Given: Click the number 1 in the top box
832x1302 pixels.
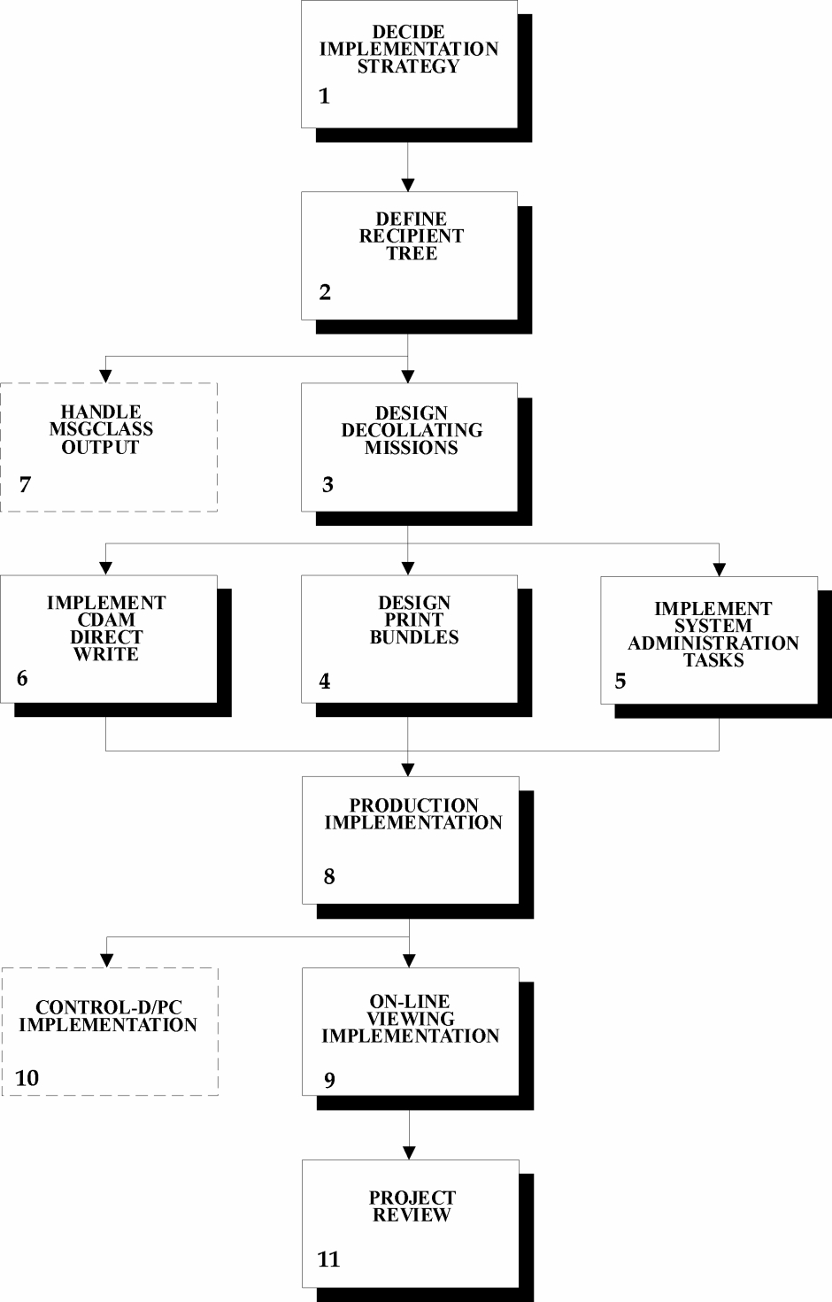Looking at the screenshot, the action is (325, 96).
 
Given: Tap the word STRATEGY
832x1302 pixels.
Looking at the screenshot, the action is (408, 66).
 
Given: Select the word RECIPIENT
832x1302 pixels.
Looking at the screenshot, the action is (411, 236).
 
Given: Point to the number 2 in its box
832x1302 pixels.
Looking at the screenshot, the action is (325, 292).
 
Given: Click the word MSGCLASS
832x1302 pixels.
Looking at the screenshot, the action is (101, 429).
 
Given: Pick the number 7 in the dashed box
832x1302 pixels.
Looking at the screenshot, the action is (25, 484).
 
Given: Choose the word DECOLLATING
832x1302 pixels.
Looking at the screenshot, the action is (412, 430).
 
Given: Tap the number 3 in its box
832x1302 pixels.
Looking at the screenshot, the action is (327, 484).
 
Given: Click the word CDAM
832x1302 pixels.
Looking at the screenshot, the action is (106, 620).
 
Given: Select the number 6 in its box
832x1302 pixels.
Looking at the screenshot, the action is (23, 678).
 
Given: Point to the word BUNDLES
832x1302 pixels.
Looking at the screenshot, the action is (414, 637).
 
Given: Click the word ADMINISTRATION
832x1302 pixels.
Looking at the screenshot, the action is (713, 643).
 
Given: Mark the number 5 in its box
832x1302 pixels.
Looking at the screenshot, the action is (620, 681).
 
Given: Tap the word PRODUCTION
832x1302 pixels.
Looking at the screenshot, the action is (414, 805).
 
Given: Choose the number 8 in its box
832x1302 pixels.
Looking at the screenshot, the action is (329, 876).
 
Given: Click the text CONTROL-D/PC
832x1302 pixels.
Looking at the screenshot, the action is (109, 1006).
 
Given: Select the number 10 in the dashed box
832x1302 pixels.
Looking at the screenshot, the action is (27, 1078).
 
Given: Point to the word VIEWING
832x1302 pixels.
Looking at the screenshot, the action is (411, 1019).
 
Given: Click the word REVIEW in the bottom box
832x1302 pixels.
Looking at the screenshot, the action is (412, 1214).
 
